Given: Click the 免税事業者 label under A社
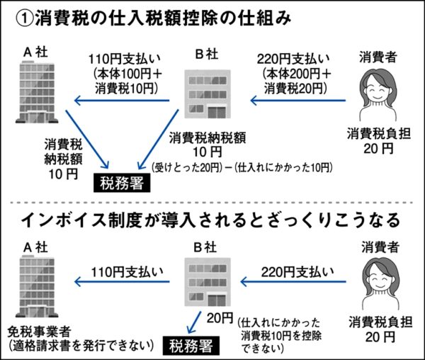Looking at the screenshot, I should (42, 330).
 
